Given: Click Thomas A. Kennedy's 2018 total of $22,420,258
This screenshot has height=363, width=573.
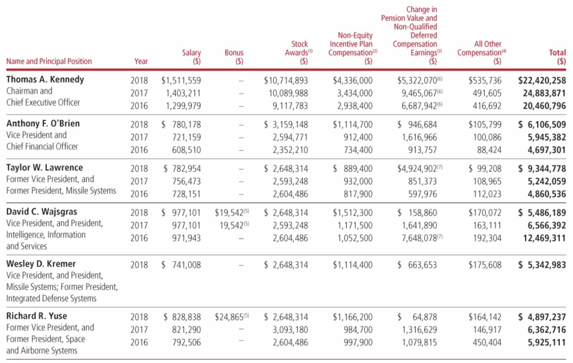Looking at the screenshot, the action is click(542, 80).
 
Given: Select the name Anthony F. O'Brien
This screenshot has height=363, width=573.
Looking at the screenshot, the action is click(43, 123).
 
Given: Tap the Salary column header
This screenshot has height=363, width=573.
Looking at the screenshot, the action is click(191, 57).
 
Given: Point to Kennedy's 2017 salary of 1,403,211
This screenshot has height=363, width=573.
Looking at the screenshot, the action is click(183, 93).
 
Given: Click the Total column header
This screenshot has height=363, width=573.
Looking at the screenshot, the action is click(557, 57).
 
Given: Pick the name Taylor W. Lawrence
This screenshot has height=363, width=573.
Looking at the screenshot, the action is click(44, 167).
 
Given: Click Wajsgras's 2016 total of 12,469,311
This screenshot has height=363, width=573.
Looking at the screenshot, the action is click(544, 238).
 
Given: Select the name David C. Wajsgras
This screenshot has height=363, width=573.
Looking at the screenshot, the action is click(42, 212).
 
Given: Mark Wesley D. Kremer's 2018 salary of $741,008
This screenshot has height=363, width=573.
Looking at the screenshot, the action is click(181, 265).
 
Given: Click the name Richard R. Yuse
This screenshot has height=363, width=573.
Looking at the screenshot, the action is click(37, 316).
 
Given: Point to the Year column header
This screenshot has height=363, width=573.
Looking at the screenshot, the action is click(141, 61).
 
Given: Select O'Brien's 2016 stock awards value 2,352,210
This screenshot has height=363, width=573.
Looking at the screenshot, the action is click(290, 150).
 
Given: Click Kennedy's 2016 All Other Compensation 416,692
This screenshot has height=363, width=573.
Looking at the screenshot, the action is click(487, 106).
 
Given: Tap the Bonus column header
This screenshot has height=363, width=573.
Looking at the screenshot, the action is click(234, 57).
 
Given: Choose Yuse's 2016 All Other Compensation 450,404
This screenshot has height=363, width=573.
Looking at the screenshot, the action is click(487, 342).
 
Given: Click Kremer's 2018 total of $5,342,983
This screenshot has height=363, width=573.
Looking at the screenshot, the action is click(542, 265).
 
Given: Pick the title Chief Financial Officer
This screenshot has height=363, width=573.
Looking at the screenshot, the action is click(42, 147).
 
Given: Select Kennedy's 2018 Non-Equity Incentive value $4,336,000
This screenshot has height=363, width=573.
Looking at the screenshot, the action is click(352, 80).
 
